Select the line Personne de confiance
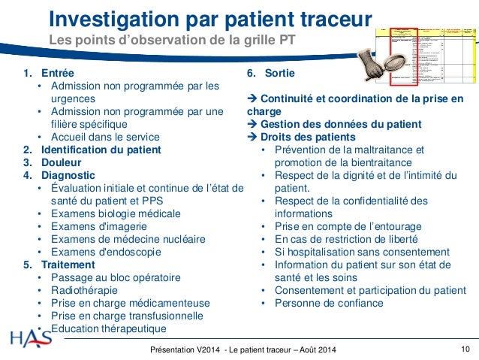click(x=328, y=303)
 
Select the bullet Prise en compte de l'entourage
click(x=348, y=226)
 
